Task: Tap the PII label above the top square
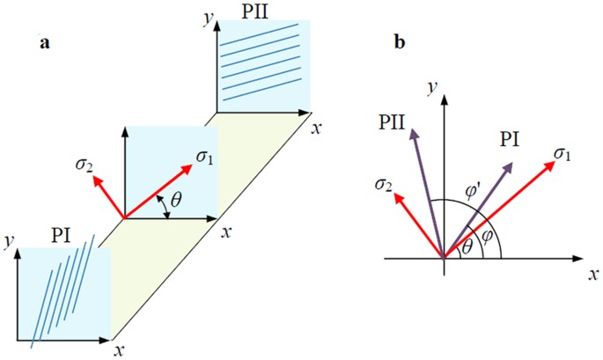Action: point(263,11)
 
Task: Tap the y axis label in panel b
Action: point(431,86)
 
